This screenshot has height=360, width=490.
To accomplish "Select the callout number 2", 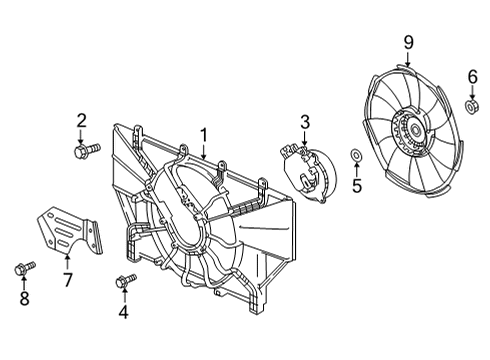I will point(82,122).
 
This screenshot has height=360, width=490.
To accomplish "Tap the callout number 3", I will point(306,122).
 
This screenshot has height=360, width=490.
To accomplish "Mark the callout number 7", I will point(67,279).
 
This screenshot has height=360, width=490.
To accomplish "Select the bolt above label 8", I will point(23,267).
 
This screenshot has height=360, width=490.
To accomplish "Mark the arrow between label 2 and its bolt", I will point(82,137).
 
